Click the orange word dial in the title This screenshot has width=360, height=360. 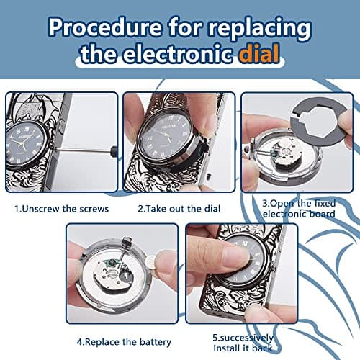click(x=260, y=53)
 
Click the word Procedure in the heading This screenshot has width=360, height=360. click(x=105, y=27)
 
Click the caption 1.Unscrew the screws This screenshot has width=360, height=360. click(x=62, y=209)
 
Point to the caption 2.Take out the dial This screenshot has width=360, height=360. click(x=179, y=209)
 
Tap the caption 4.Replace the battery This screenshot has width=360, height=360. click(x=124, y=342)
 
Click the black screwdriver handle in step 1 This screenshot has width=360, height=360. click(x=114, y=151)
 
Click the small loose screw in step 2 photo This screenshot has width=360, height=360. click(x=209, y=176)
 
